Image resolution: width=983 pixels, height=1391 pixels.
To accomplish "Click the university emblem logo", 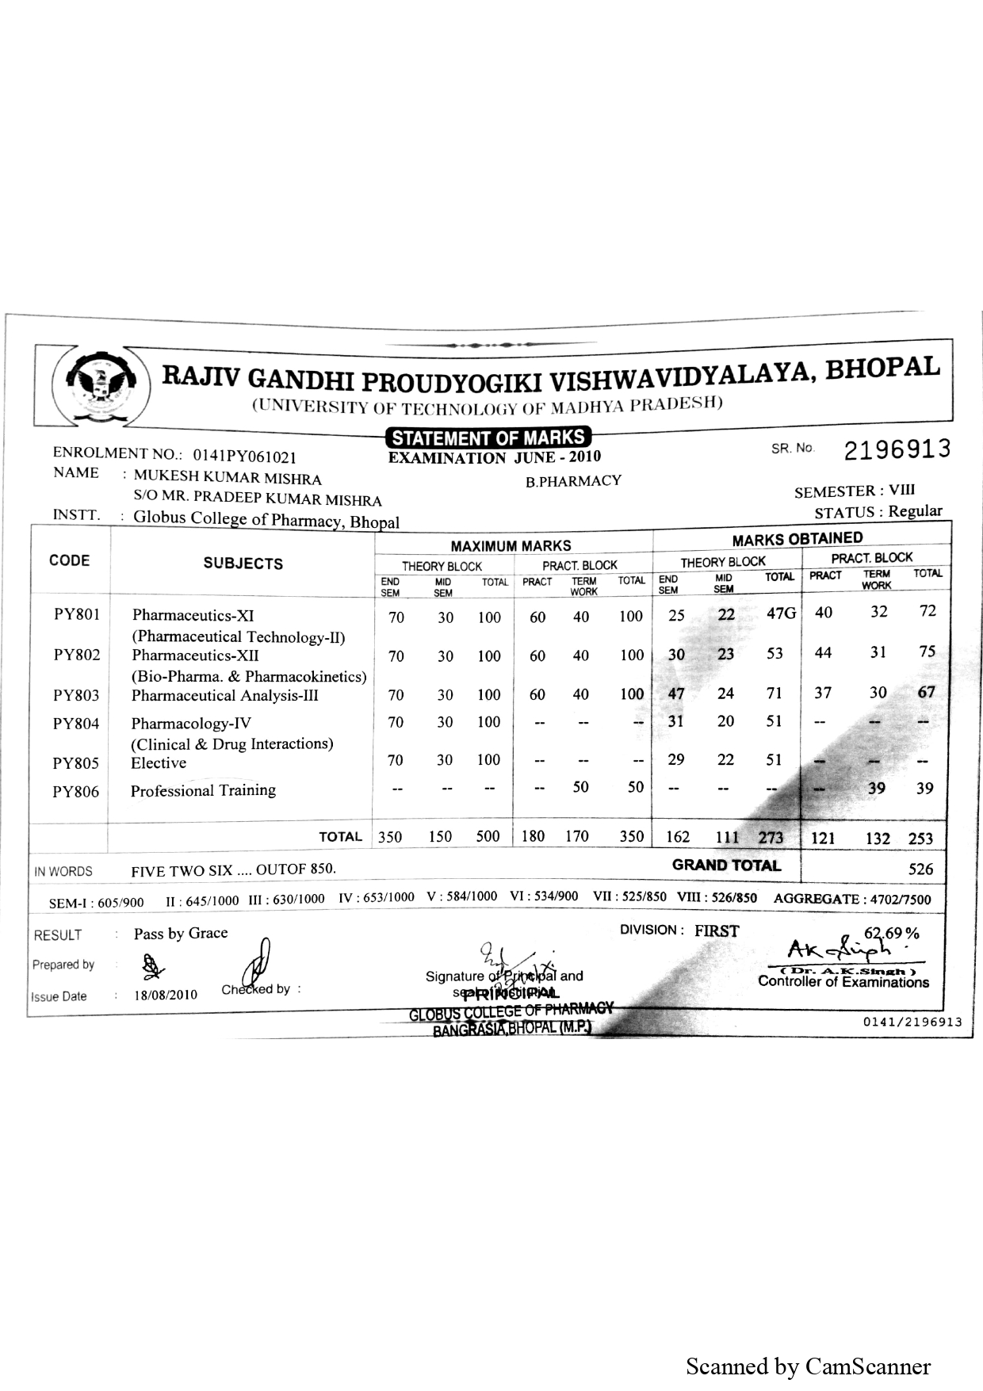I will coord(101,386).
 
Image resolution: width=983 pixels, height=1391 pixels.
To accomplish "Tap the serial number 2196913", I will coord(896,449).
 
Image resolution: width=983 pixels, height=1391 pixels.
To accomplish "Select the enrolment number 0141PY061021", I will coord(244,457).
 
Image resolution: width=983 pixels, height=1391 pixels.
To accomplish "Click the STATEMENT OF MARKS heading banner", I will coord(488,438).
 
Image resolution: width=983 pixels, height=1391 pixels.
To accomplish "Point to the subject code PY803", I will coord(76,696).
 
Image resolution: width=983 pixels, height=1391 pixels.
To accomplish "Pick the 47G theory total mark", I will coord(781,613).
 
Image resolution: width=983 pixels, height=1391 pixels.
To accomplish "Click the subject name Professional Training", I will coord(203,790).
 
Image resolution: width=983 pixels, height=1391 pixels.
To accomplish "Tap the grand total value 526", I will coord(920,869).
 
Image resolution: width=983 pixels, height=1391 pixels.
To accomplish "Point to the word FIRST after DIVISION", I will coord(717,931).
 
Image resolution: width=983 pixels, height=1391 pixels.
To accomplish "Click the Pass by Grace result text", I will coord(181,933).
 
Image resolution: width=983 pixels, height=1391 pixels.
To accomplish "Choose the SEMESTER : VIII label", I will coord(855,491).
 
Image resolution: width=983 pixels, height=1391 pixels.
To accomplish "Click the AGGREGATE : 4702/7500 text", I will coord(852,899).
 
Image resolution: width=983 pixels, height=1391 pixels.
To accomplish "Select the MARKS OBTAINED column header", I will coord(797,540).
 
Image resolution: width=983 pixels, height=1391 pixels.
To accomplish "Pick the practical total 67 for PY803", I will coord(926,692).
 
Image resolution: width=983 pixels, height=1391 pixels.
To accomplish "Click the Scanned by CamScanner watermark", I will coord(808,1366).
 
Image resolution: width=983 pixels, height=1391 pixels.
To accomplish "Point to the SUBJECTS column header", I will coord(243,564).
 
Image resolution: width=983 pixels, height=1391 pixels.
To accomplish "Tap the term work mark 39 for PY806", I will coord(876,788).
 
